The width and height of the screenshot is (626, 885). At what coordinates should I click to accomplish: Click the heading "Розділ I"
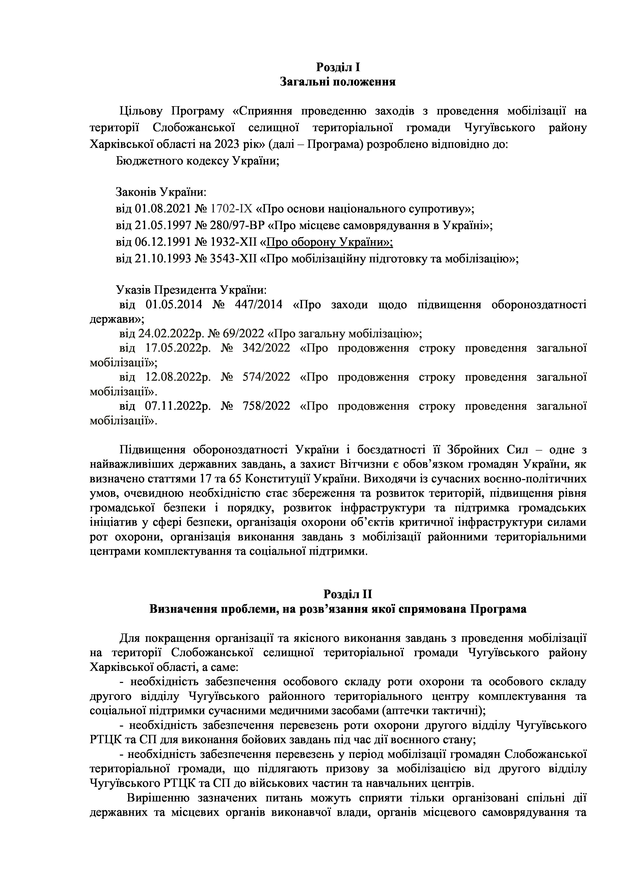click(338, 67)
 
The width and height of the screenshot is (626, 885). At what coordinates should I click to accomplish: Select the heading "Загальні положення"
click(338, 82)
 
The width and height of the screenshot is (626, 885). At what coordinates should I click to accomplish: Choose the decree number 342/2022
click(266, 348)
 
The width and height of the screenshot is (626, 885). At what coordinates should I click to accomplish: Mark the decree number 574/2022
click(266, 377)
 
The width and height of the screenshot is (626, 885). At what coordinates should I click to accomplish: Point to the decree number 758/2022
click(266, 406)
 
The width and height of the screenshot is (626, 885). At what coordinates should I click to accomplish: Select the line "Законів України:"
click(161, 192)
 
